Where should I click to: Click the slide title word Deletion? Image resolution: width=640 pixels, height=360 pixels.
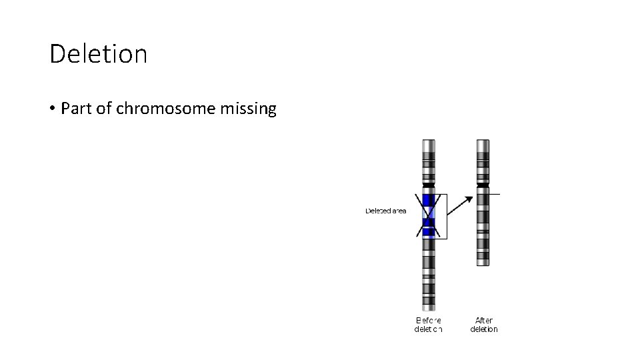coord(98,54)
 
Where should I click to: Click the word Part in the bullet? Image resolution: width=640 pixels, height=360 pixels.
coord(76,109)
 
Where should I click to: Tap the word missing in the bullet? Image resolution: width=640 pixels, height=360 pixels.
coord(252,109)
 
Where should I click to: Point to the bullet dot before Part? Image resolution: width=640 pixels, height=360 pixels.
coord(52,109)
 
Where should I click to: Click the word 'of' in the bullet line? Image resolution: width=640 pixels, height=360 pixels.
coord(104,109)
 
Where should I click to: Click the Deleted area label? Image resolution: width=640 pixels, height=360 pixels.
coord(386,211)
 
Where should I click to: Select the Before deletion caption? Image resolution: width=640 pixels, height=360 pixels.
coord(428,325)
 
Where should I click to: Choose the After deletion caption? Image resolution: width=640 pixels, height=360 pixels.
coord(484,325)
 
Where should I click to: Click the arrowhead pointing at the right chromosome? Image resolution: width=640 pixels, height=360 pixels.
coord(471,198)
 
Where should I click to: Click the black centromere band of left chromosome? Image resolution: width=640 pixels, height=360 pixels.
coord(429,185)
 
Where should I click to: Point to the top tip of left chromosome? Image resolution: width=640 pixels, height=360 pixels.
coord(429,141)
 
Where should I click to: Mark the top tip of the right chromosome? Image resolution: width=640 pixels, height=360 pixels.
coord(483,141)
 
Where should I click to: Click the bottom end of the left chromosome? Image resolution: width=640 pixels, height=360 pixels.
coord(429,309)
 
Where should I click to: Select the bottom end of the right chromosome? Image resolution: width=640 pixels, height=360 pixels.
coord(483,263)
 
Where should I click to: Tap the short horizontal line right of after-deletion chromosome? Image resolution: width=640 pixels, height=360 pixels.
coord(494,194)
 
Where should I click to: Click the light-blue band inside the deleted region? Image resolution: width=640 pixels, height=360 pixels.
coord(429,212)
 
